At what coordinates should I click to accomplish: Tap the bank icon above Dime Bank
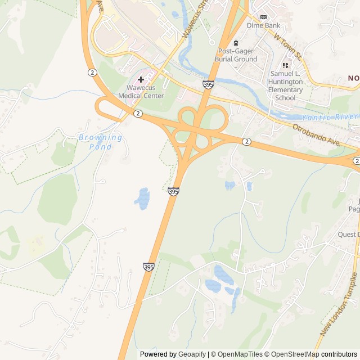pos(263,17)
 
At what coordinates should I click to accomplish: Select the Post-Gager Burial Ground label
pos(237,55)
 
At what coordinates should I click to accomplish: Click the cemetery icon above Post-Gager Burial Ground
pos(236,43)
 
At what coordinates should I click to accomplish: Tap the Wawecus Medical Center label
pos(141,92)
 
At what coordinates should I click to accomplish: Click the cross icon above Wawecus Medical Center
pos(141,79)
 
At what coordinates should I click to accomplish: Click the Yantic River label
pos(329,117)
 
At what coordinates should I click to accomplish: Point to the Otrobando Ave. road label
pos(317,136)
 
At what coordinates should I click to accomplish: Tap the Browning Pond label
pos(100,142)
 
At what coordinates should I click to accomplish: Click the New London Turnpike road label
pos(339,304)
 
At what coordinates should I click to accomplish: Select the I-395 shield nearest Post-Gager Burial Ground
pos(208,84)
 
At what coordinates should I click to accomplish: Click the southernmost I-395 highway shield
pos(148,265)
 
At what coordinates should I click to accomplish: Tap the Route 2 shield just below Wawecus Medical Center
pos(138,114)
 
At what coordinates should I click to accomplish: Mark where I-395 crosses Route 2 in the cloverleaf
pos(197,127)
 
